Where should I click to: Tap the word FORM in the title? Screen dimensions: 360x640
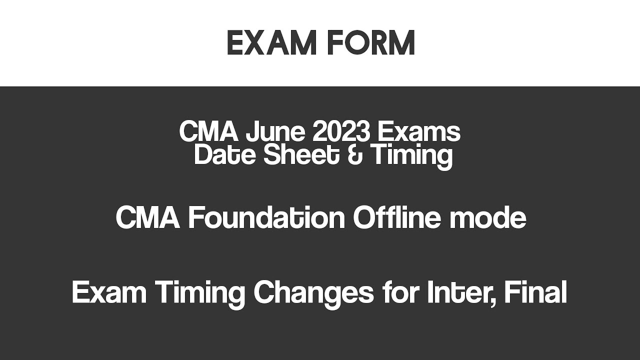(371, 43)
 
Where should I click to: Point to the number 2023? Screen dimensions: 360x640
(341, 132)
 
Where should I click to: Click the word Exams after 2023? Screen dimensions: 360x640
(418, 132)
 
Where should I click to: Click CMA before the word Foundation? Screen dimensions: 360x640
(147, 218)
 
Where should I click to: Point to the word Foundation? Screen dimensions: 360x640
(266, 218)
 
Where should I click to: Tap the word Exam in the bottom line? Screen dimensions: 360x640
(109, 292)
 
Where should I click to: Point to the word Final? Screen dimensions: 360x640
(535, 292)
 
